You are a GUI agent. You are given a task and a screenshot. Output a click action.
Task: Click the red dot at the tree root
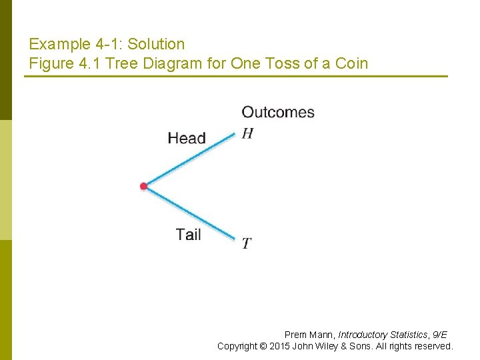143,186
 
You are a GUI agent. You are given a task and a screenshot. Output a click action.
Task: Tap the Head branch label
187,138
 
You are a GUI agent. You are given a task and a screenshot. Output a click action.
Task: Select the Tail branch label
189,234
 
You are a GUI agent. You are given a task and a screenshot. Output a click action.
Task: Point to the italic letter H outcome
247,133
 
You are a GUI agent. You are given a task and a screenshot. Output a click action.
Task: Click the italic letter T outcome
246,243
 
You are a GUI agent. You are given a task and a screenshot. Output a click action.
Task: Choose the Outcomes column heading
278,112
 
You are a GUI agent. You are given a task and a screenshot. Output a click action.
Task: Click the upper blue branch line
190,160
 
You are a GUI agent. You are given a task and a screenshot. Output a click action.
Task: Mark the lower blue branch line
190,213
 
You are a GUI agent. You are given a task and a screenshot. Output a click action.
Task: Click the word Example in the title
59,45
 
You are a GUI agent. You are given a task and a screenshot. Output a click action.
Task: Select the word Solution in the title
156,45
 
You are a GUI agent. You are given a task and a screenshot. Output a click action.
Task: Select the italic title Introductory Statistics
383,335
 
